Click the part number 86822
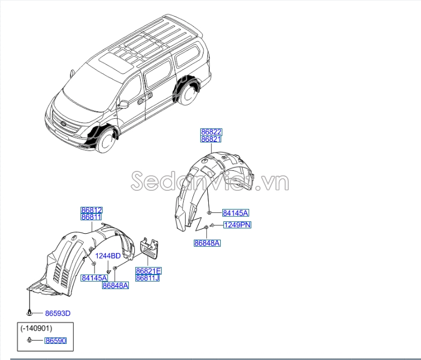pyautogui.click(x=211, y=132)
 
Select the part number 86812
pyautogui.click(x=91, y=210)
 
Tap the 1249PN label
pyautogui.click(x=237, y=225)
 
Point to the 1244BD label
pyautogui.click(x=108, y=256)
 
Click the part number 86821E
pyautogui.click(x=148, y=271)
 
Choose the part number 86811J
pyautogui.click(x=148, y=278)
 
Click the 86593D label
pyautogui.click(x=57, y=313)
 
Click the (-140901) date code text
pyautogui.click(x=37, y=328)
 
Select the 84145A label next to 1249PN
pyautogui.click(x=236, y=213)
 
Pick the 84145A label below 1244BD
pyautogui.click(x=95, y=278)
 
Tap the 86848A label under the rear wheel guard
pyautogui.click(x=207, y=243)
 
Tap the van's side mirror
pyautogui.click(x=124, y=104)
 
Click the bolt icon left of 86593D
pyautogui.click(x=30, y=312)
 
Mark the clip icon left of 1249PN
pyautogui.click(x=213, y=225)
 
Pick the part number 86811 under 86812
pyautogui.click(x=91, y=217)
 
